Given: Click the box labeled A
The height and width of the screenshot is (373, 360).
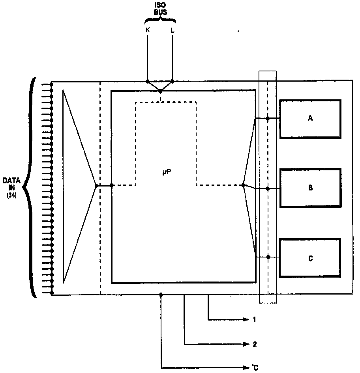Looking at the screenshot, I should click(x=310, y=119).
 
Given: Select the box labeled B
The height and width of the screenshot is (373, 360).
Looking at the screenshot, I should click(x=310, y=188).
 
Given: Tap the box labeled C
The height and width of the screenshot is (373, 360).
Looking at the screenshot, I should click(x=310, y=258).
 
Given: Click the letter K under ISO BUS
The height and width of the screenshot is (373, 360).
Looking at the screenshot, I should click(x=148, y=30).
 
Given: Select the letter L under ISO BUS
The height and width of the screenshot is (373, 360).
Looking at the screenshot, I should click(x=172, y=30).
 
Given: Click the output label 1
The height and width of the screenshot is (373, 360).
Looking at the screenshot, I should click(x=255, y=319).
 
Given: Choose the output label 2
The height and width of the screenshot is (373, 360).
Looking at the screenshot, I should click(x=255, y=344).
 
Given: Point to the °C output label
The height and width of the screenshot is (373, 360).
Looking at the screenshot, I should click(x=255, y=368).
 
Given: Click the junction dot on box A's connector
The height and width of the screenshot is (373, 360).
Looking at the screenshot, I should click(x=268, y=118).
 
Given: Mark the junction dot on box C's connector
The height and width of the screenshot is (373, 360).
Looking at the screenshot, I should click(x=268, y=257).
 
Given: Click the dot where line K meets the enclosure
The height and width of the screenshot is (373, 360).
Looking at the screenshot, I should click(x=148, y=82).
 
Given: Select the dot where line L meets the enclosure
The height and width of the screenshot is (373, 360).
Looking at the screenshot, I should click(x=172, y=82).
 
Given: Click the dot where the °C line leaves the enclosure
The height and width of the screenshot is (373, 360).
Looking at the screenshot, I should click(x=161, y=295).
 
